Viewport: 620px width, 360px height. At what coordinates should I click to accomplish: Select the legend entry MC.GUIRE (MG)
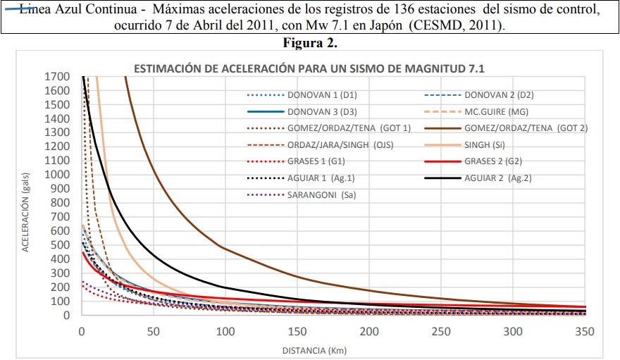tap(496, 111)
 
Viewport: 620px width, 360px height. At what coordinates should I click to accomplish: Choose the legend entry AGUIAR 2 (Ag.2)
tap(497, 178)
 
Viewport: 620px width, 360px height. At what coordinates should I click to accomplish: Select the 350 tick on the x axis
tap(585, 331)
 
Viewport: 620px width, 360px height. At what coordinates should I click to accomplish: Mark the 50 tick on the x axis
tap(154, 331)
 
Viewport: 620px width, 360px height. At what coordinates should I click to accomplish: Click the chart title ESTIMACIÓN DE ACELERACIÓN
tap(310, 68)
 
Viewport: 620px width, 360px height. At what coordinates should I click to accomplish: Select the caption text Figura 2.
tap(311, 42)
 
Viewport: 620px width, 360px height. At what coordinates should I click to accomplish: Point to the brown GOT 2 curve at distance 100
tap(225, 247)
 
